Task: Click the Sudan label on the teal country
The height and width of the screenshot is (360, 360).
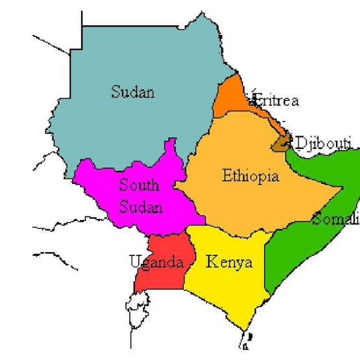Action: click(x=133, y=92)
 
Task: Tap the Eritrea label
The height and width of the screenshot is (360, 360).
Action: click(x=275, y=101)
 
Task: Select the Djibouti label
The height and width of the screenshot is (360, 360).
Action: click(x=323, y=142)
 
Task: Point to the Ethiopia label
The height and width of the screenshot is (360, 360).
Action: click(x=250, y=175)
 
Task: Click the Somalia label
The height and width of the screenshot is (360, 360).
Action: click(x=335, y=219)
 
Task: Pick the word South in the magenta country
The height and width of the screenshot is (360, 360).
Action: click(x=138, y=185)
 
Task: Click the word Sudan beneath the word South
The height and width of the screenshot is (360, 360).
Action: click(x=140, y=208)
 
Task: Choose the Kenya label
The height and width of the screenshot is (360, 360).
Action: click(x=229, y=263)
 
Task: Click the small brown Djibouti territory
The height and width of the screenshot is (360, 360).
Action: click(x=281, y=143)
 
